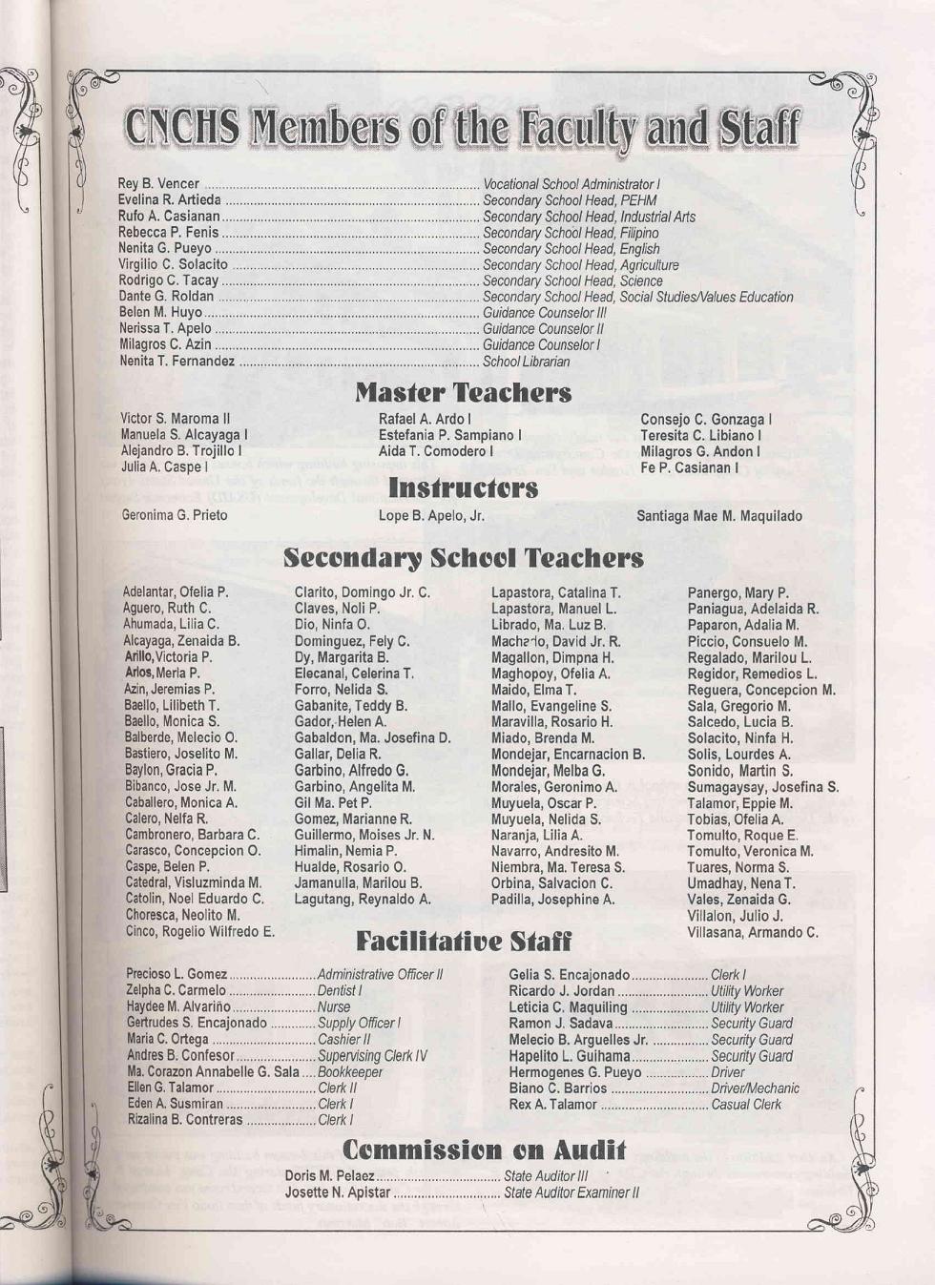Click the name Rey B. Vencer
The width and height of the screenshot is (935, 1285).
pyautogui.click(x=158, y=183)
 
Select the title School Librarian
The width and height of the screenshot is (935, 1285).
pyautogui.click(x=526, y=362)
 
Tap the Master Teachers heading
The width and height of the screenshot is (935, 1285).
pyautogui.click(x=464, y=392)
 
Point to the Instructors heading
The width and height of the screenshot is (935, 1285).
pyautogui.click(x=463, y=488)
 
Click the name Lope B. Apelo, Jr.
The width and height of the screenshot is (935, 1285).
pyautogui.click(x=431, y=516)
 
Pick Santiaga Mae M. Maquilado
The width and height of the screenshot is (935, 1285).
pyautogui.click(x=719, y=516)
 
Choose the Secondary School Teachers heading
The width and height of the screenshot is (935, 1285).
pyautogui.click(x=464, y=558)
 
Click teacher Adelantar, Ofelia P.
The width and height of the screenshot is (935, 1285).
pyautogui.click(x=176, y=591)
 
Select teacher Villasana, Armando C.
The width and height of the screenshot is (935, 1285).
pyautogui.click(x=753, y=932)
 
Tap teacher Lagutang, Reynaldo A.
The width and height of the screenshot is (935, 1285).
pyautogui.click(x=363, y=900)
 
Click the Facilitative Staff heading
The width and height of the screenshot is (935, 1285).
pyautogui.click(x=464, y=943)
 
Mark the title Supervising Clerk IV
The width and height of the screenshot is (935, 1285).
pyautogui.click(x=372, y=1056)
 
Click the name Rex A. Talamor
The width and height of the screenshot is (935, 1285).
pyautogui.click(x=552, y=1105)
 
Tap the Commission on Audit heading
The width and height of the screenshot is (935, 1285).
pyautogui.click(x=484, y=1150)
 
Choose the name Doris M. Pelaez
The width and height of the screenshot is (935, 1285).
pyautogui.click(x=329, y=1176)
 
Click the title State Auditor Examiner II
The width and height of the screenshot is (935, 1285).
pyautogui.click(x=571, y=1192)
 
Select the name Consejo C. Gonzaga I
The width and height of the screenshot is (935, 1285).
pyautogui.click(x=706, y=420)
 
